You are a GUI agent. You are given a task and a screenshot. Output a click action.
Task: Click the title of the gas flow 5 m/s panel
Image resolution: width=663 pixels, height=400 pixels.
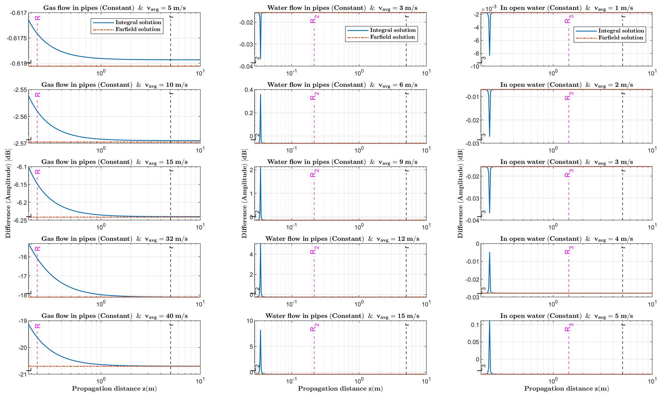114,8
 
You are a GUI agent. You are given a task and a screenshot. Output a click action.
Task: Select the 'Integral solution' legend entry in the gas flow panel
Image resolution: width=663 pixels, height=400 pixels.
138,22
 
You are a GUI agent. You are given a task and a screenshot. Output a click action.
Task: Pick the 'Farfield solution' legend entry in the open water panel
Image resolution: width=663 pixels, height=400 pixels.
621,38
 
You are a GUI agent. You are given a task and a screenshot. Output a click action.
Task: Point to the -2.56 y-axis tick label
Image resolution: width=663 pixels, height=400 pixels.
21,117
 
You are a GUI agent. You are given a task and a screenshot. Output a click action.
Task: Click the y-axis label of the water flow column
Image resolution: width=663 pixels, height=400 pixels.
244,194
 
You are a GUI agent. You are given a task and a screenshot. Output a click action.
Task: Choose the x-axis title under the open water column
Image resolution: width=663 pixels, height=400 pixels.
566,388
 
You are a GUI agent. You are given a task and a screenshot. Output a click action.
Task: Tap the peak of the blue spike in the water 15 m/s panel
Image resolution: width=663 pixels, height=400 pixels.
261,330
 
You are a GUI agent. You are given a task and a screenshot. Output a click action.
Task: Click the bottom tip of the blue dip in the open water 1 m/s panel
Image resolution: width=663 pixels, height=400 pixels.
490,55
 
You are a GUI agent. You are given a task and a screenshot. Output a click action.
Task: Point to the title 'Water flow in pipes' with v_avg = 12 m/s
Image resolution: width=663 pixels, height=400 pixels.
342,239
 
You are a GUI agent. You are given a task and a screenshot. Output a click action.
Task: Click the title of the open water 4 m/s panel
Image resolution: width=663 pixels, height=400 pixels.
566,239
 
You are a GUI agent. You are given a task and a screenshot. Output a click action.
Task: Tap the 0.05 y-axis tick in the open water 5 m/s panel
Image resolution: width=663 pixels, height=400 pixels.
473,342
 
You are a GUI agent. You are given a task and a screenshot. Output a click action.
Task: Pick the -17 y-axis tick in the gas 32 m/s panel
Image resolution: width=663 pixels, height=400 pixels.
22,276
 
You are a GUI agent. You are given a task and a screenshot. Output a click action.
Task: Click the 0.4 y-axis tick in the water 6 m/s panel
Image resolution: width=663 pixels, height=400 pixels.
249,90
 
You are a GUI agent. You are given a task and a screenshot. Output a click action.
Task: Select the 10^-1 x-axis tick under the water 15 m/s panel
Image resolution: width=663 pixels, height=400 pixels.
291,381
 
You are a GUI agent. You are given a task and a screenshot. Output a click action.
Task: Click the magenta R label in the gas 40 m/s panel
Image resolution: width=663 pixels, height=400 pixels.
38,326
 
